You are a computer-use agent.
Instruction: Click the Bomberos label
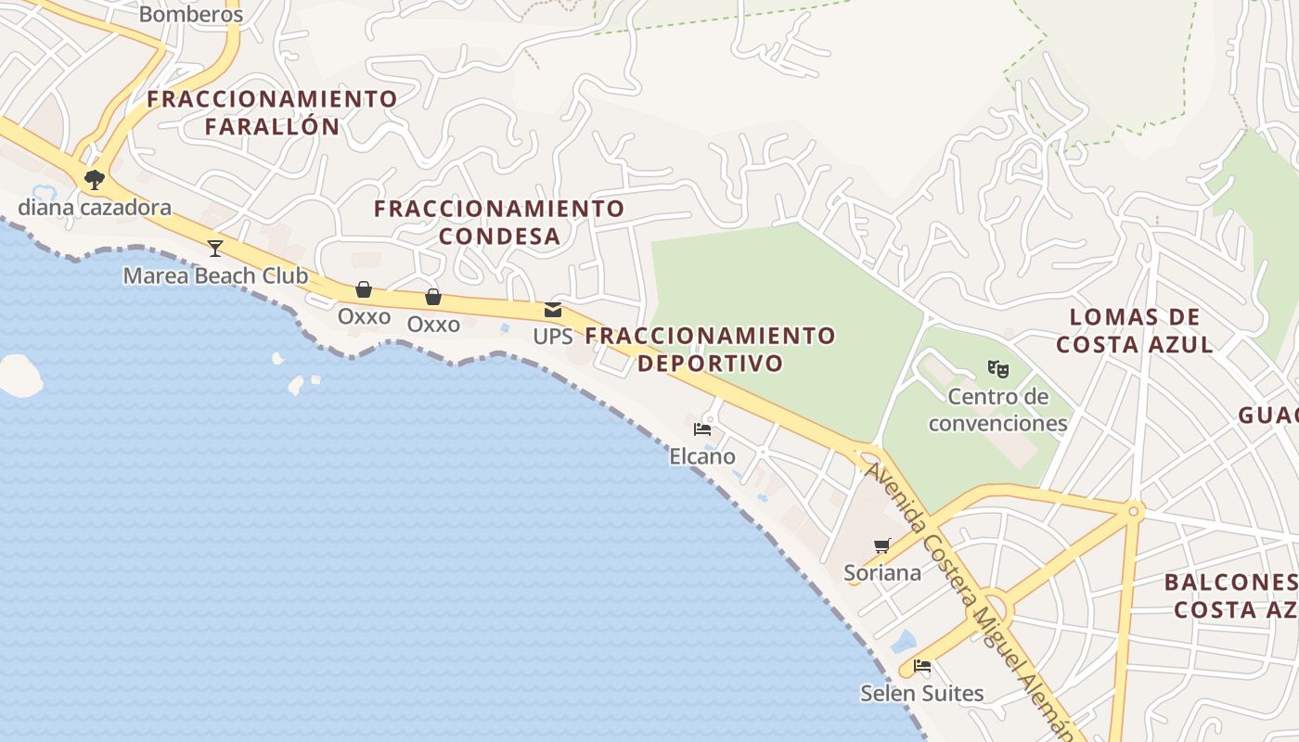(190, 15)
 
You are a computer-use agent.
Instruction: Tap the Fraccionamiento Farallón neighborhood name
(272, 112)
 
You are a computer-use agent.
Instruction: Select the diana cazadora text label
(95, 207)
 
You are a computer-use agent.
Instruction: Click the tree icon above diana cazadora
(94, 179)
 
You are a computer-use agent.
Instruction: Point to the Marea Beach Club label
(215, 275)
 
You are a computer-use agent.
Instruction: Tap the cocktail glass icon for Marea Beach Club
(215, 248)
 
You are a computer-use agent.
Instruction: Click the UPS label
(553, 337)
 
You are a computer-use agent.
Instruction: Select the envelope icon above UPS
(553, 310)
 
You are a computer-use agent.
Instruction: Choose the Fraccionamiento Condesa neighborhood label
(499, 222)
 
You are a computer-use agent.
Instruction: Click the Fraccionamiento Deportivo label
(711, 349)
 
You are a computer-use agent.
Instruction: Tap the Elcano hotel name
(702, 456)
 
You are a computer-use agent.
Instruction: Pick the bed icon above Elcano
(702, 429)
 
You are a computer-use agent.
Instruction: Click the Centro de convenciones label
(998, 410)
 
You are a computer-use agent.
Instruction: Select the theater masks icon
(998, 369)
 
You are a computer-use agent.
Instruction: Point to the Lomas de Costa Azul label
(1135, 330)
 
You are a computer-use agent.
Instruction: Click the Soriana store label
(882, 572)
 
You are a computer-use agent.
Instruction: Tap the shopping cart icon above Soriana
(882, 545)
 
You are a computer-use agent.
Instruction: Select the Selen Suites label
(921, 693)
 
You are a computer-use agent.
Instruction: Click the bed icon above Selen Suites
(921, 666)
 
